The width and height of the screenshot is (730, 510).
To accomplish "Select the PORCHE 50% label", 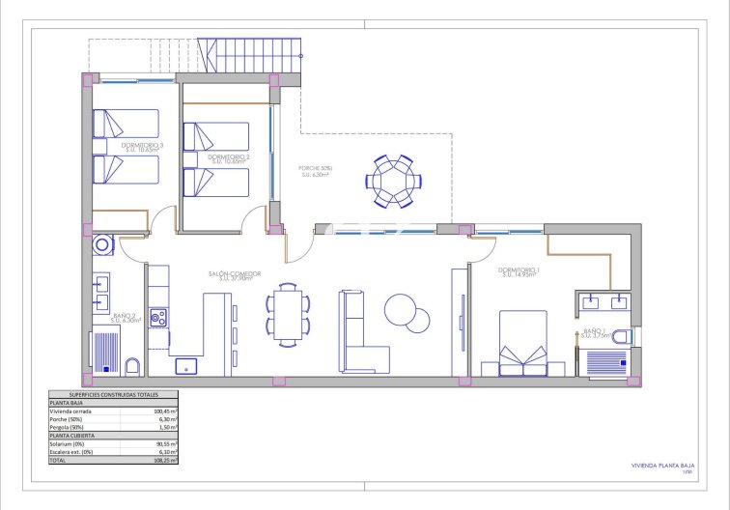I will click(x=317, y=171).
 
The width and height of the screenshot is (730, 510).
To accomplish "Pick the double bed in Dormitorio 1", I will click(x=523, y=343).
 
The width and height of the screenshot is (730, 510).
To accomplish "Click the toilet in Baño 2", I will click(x=133, y=365).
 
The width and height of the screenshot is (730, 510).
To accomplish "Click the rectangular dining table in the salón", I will click(x=288, y=313).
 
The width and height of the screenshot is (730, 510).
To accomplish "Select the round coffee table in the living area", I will click(x=401, y=310).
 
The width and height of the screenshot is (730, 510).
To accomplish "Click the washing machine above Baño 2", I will click(x=102, y=246).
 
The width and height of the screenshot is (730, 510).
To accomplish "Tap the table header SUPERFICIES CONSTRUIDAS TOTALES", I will click(x=114, y=395).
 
